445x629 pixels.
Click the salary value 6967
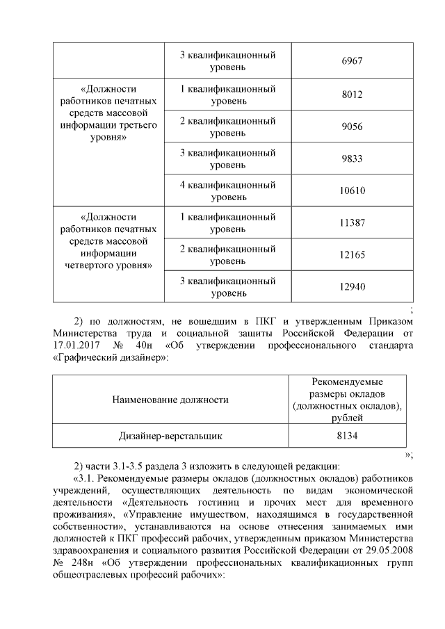coord(353,61)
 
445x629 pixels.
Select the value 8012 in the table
coord(353,95)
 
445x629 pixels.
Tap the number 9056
coord(353,127)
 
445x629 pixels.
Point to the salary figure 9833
coord(353,159)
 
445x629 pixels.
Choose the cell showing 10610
coord(353,191)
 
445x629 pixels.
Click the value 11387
coord(353,223)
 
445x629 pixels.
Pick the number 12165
coord(353,255)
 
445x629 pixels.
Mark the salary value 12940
coord(353,287)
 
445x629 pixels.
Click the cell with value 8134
coord(353,436)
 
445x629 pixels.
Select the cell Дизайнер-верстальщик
coord(171,436)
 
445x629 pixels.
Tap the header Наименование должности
coord(171,400)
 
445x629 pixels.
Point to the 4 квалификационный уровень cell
coord(228,191)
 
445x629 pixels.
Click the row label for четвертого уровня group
coord(108,241)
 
